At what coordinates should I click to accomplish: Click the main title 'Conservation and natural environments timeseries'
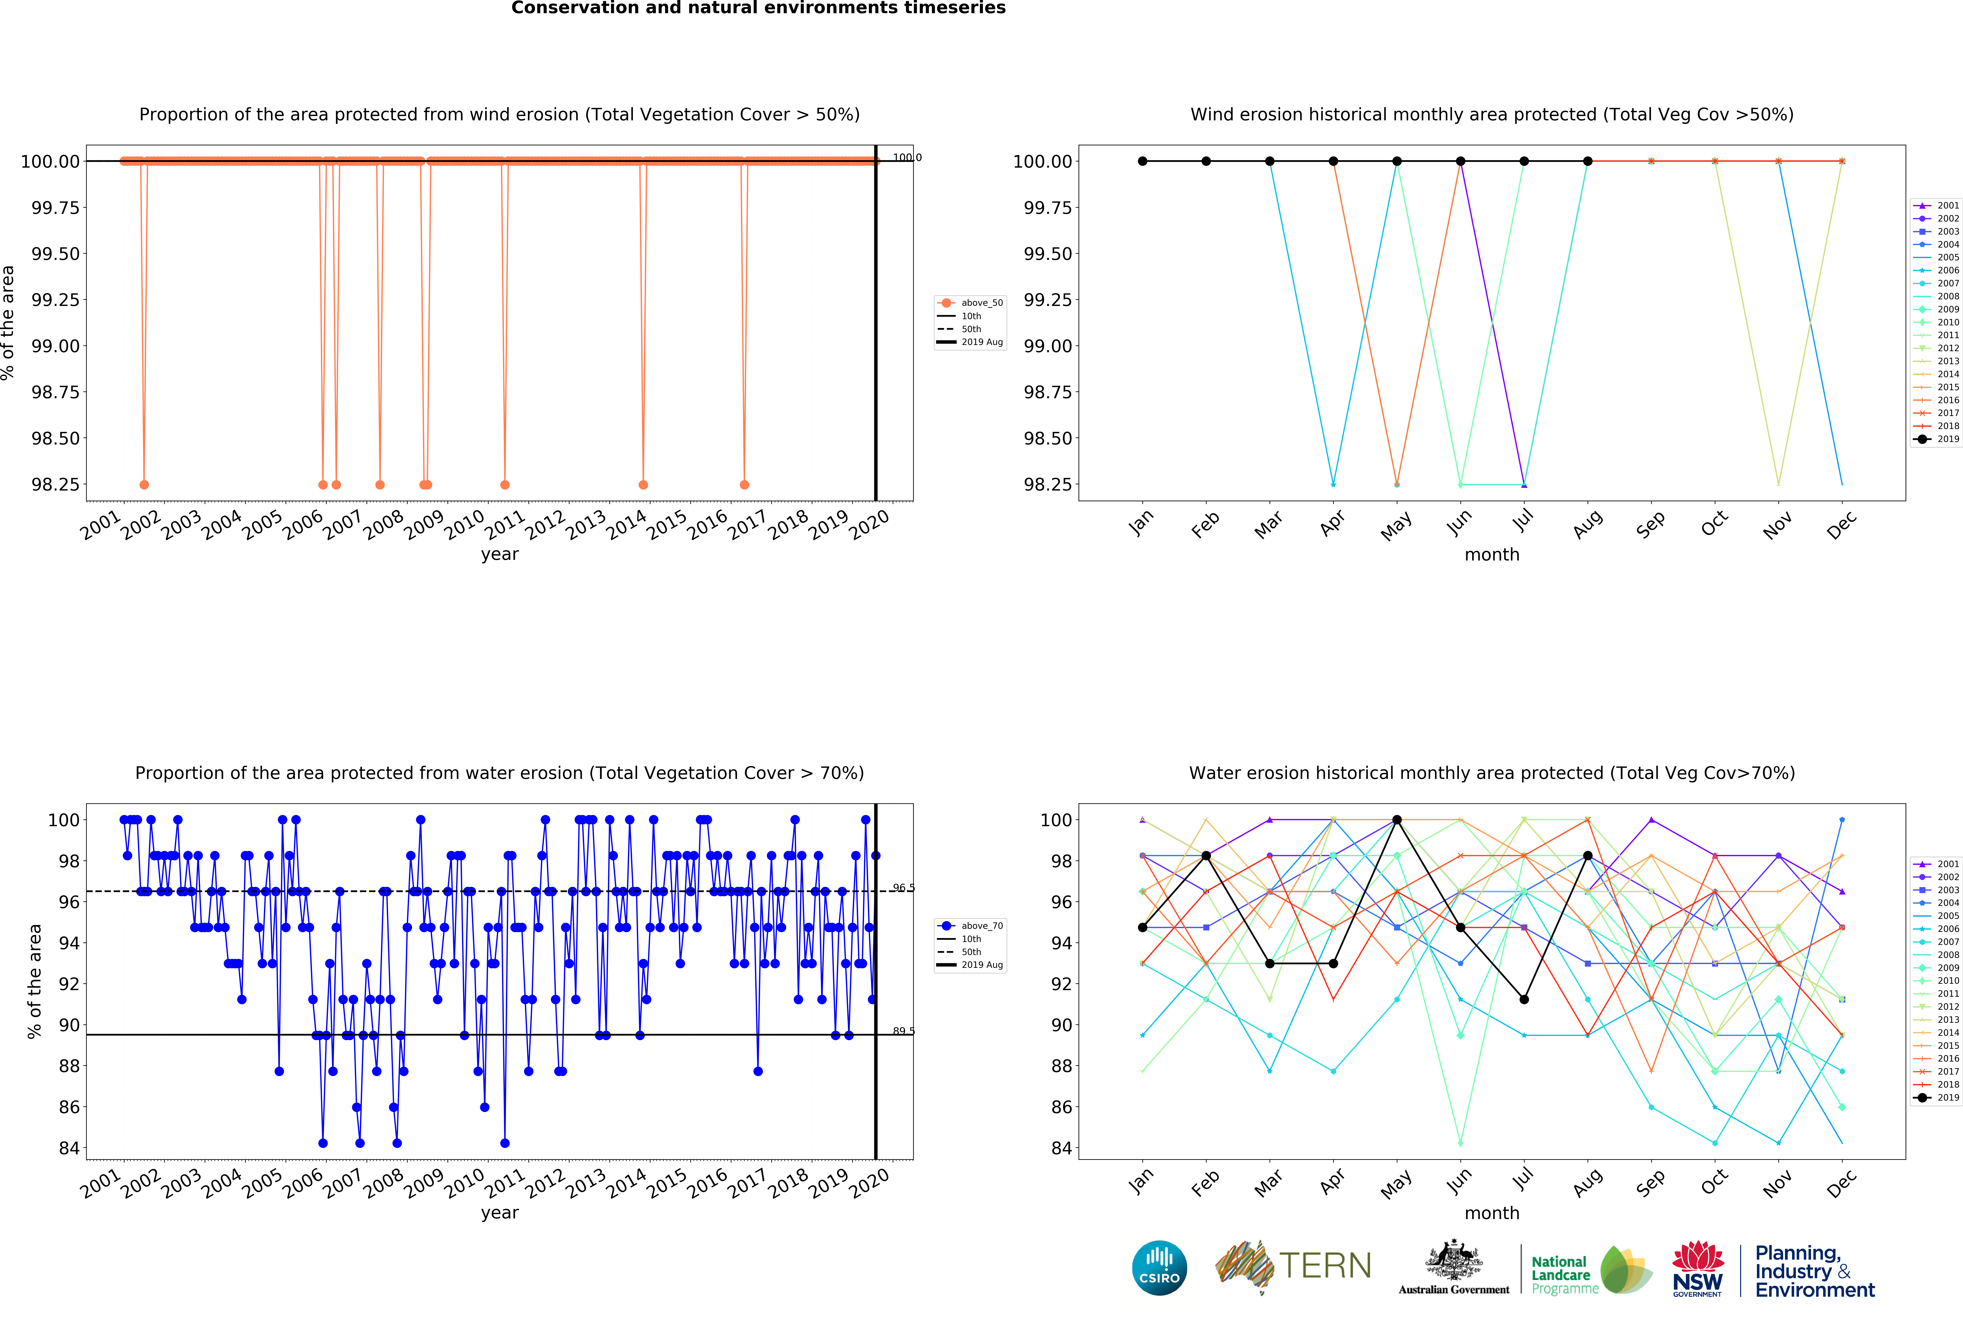coord(758,8)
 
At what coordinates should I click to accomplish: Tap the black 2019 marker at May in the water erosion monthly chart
coord(1397,819)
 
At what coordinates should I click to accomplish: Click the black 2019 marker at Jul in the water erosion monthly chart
coord(1524,999)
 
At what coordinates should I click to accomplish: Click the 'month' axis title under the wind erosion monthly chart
coord(1492,554)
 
